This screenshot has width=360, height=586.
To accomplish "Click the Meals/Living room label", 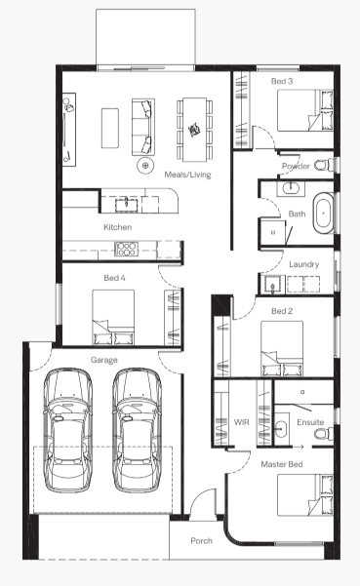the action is (187, 175).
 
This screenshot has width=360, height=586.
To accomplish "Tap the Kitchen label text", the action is (117, 227).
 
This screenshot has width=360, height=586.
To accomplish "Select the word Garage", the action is (104, 360).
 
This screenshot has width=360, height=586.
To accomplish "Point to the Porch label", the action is (202, 541).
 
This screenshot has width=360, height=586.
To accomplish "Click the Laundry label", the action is (304, 264).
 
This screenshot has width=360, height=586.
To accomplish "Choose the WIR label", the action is (242, 422).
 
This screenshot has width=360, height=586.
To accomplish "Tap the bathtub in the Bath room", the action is (323, 214).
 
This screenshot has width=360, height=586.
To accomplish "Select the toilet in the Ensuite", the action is (324, 434).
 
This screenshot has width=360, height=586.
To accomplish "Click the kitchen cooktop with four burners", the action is (126, 249).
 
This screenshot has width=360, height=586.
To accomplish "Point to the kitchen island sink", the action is (126, 205).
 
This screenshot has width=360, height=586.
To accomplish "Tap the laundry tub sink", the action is (272, 285).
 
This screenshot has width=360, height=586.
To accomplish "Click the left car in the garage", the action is (67, 431).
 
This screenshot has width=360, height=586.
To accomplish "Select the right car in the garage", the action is (137, 431).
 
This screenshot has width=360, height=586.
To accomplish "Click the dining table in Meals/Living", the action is (194, 130).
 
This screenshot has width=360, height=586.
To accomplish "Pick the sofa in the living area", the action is (143, 127).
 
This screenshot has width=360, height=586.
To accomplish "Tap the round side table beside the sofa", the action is (145, 165).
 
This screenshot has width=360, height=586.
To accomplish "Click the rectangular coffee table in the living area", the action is (110, 128).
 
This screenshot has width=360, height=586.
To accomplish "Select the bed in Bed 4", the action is (113, 317).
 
